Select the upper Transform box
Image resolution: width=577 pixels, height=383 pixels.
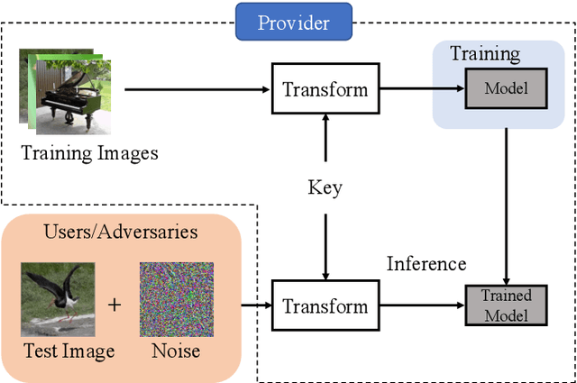325,89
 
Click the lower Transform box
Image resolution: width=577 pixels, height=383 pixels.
325,306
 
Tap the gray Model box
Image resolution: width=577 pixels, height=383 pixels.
506,88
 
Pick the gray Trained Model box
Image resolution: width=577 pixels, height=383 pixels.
506,305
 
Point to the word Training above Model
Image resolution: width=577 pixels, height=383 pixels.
485,53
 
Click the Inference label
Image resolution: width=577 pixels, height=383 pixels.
426,263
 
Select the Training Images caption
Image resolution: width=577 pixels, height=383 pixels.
89,152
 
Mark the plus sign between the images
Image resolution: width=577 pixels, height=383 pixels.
114,305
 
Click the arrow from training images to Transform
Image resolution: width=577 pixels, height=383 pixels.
198,89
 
